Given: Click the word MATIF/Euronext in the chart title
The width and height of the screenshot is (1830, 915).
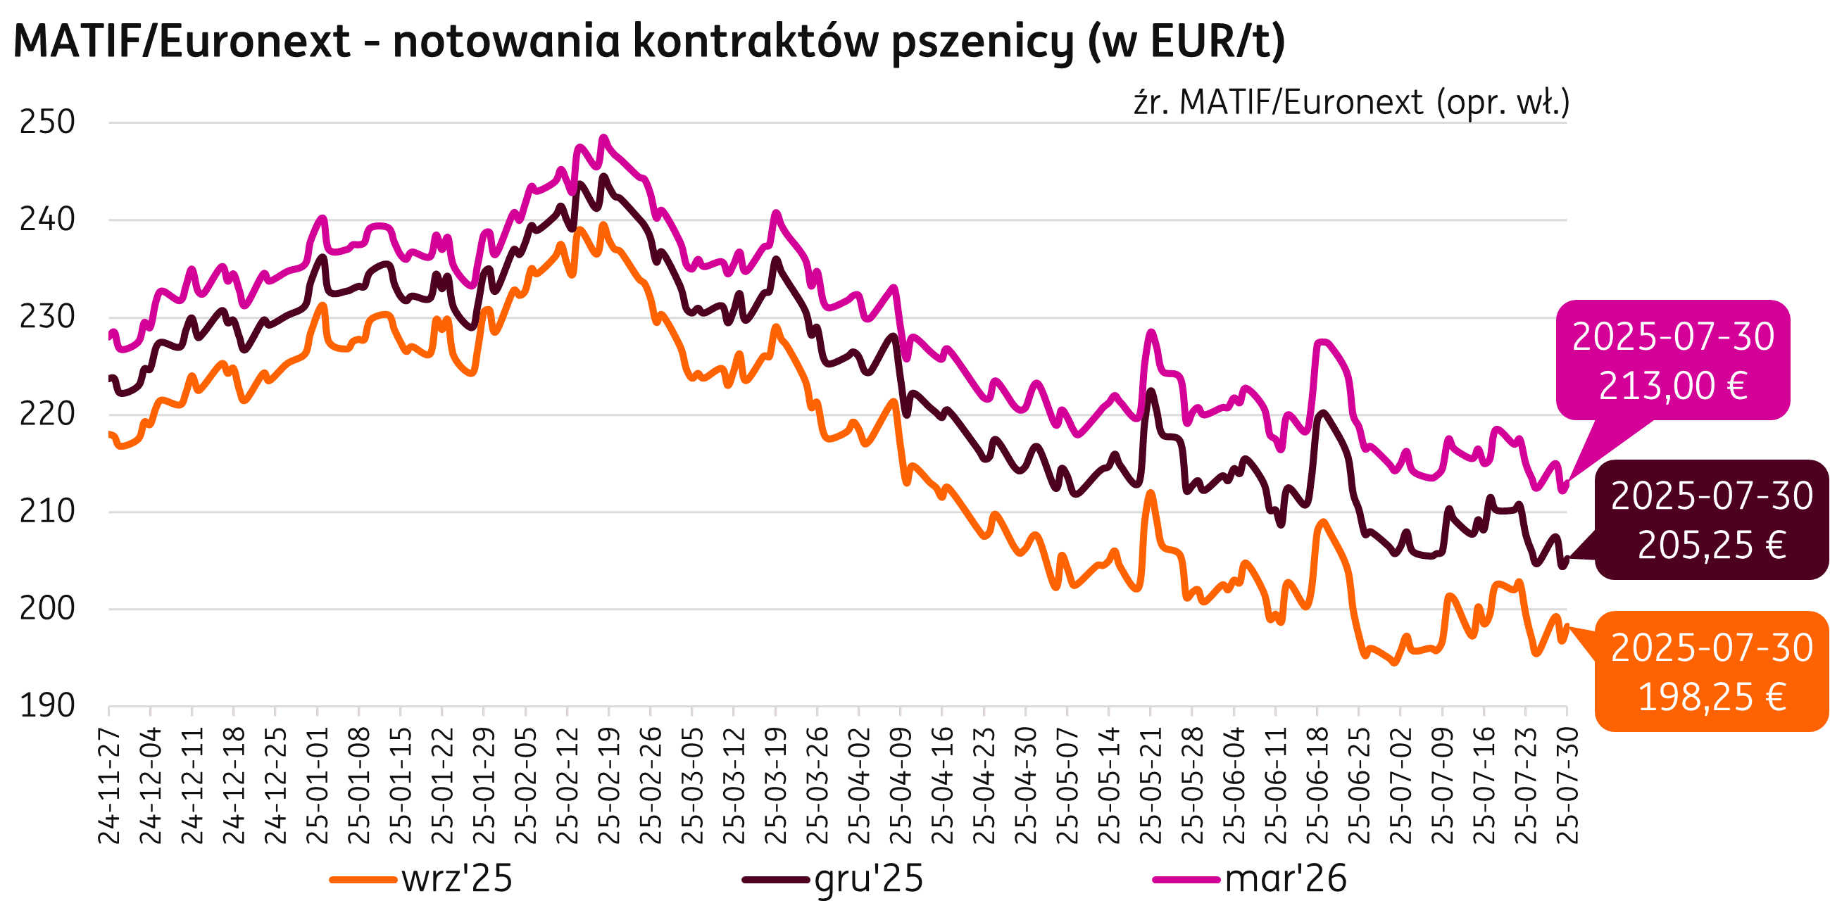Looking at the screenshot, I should tap(182, 42).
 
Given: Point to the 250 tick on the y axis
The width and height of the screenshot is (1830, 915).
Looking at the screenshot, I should tap(47, 123).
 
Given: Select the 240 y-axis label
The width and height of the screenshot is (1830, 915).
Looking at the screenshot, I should tap(47, 220).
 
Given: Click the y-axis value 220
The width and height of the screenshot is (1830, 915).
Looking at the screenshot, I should tap(47, 415).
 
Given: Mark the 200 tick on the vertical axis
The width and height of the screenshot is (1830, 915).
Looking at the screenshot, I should tap(47, 609).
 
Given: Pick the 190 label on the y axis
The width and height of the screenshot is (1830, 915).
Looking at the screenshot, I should tap(47, 706).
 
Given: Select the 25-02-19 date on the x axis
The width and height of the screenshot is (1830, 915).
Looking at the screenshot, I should tap(610, 785).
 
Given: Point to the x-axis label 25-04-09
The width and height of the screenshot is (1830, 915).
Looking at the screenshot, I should tap(901, 785).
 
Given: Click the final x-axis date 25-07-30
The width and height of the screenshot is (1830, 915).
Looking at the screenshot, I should tap(1567, 785).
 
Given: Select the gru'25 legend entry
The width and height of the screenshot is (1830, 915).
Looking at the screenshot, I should tap(868, 879).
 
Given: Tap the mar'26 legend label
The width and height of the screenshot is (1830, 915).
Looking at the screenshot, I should tap(1286, 879).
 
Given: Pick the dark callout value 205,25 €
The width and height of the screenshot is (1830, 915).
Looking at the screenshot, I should tap(1712, 545).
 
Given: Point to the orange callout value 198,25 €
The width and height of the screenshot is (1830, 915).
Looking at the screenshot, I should tap(1712, 698).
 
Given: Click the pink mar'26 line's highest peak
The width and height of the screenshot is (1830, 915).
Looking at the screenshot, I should tap(604, 137).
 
